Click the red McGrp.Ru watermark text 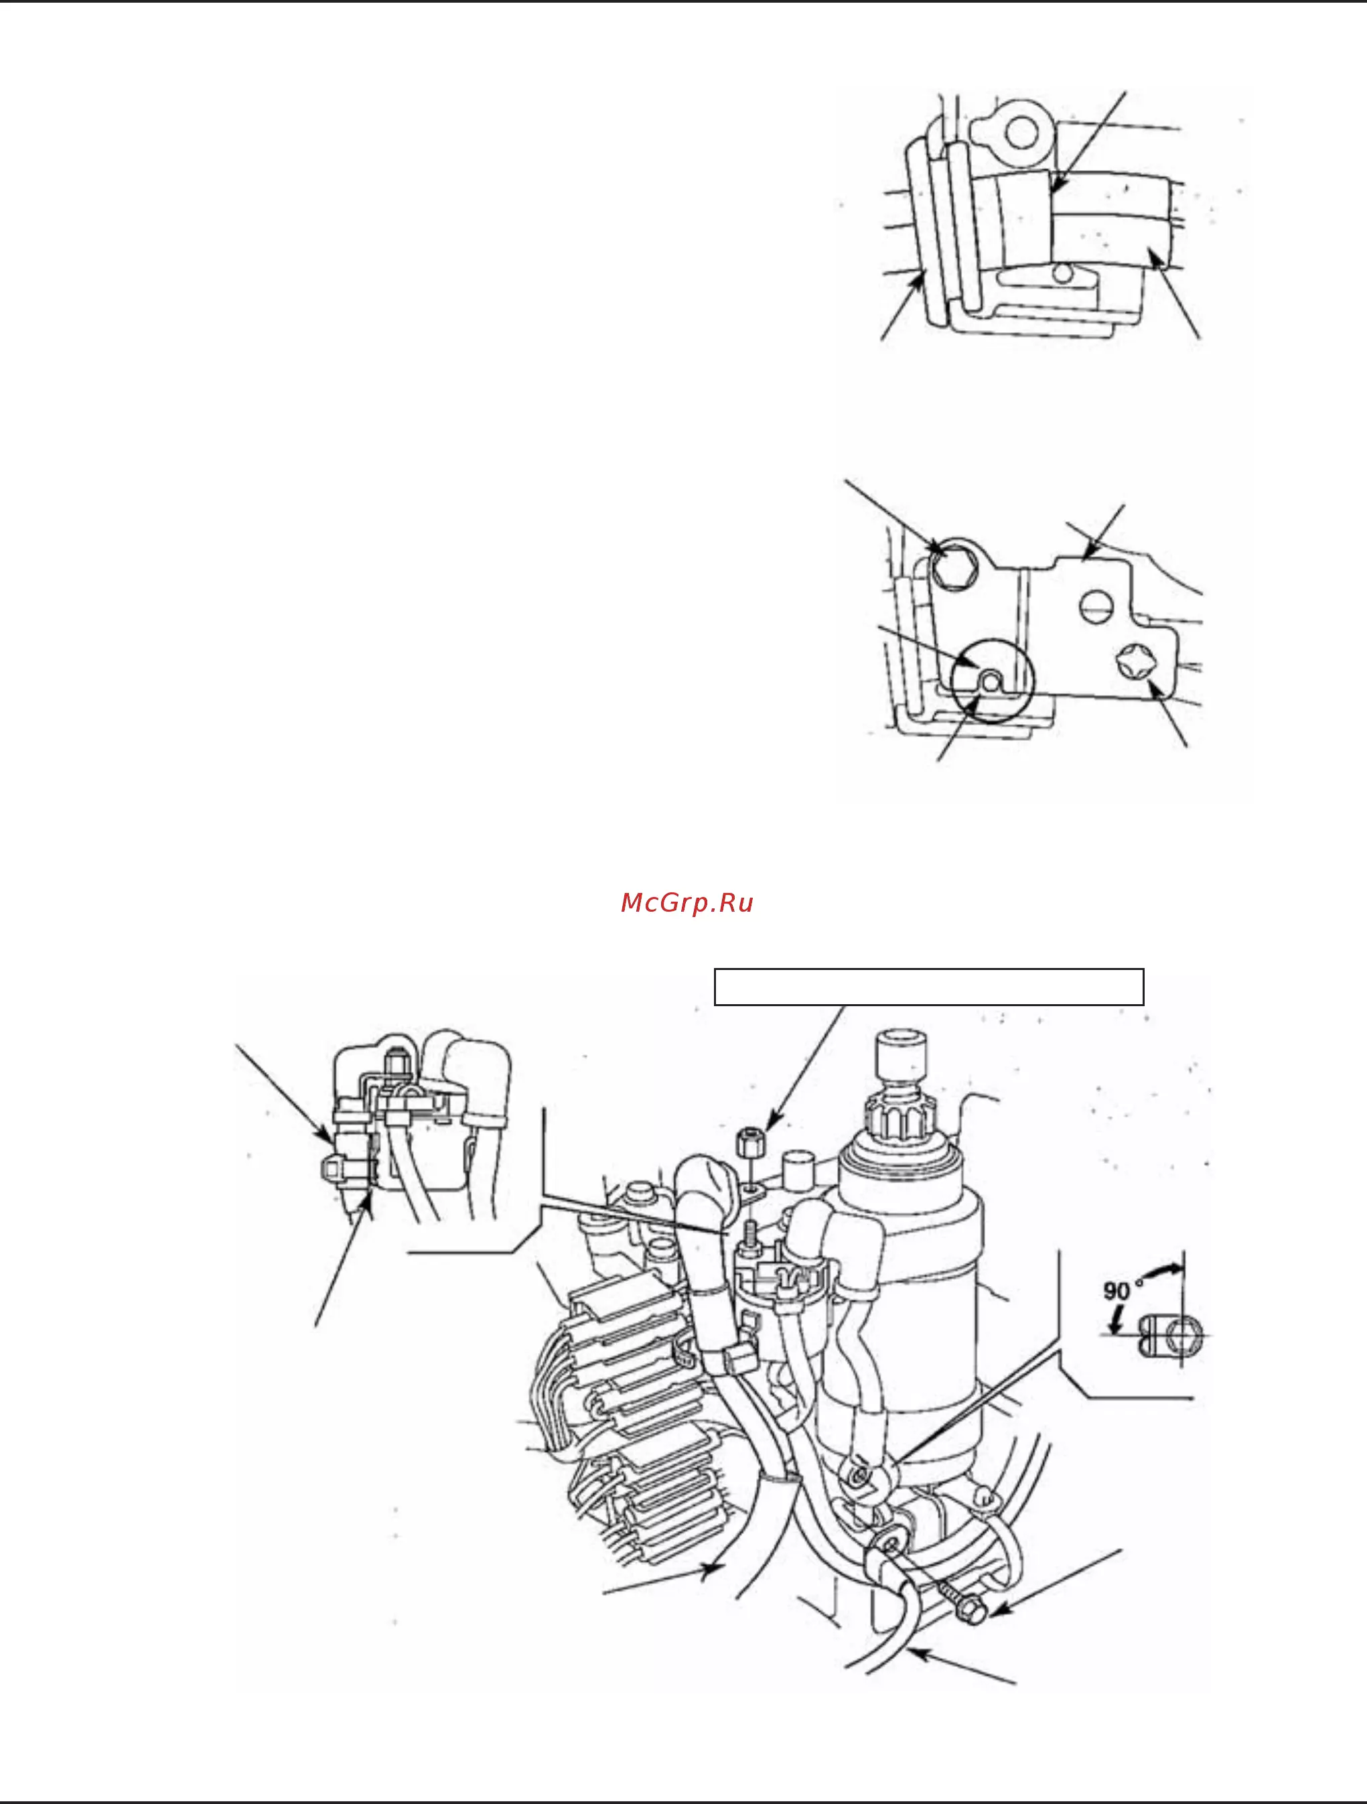[687, 903]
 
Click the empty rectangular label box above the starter [929, 987]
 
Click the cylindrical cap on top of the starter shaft [902, 1056]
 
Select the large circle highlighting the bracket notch [993, 680]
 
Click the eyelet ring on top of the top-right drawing [1019, 131]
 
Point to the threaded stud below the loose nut [749, 1227]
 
